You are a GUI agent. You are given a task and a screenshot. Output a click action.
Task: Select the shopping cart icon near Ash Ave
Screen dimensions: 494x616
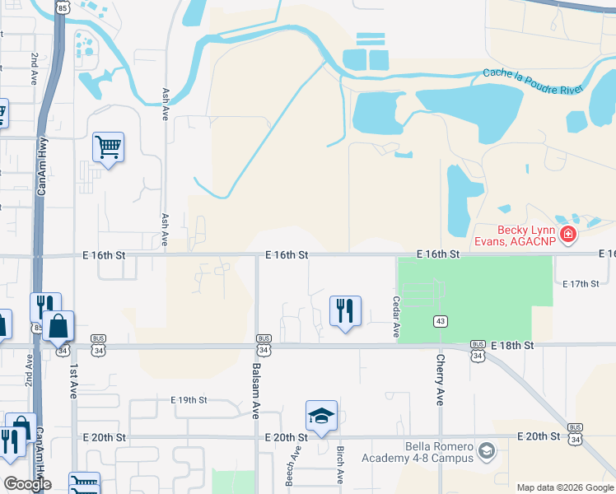[108, 148]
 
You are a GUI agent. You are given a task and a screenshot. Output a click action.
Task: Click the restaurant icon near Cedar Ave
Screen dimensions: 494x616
[344, 311]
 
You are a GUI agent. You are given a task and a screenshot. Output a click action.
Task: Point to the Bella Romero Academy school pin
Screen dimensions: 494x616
[487, 451]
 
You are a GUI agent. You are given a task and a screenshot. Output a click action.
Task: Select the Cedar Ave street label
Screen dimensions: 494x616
[396, 317]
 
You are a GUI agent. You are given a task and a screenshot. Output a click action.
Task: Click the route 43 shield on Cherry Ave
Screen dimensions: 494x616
[441, 319]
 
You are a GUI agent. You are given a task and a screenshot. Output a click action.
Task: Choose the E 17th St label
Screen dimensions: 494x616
[581, 284]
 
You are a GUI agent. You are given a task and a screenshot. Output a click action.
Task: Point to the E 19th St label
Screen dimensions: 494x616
[189, 400]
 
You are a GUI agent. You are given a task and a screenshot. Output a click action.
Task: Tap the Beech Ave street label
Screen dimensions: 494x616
[289, 468]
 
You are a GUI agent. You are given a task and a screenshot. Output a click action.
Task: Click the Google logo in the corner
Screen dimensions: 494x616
[28, 484]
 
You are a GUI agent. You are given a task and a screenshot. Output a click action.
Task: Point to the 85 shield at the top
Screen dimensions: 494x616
[63, 7]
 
